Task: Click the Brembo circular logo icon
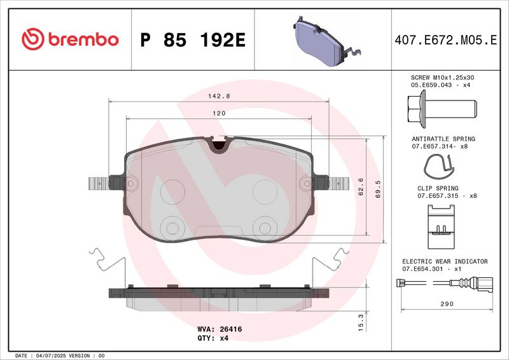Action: pos(33,39)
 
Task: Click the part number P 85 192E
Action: pos(193,40)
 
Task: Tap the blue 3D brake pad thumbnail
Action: pos(326,41)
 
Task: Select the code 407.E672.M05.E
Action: pos(446,40)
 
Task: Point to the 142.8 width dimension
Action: pos(219,96)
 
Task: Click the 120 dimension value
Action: pos(219,113)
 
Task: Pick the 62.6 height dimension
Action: pos(361,186)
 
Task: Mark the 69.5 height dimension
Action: pos(378,190)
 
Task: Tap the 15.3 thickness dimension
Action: pos(361,322)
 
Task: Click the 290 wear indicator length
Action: pos(447,304)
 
